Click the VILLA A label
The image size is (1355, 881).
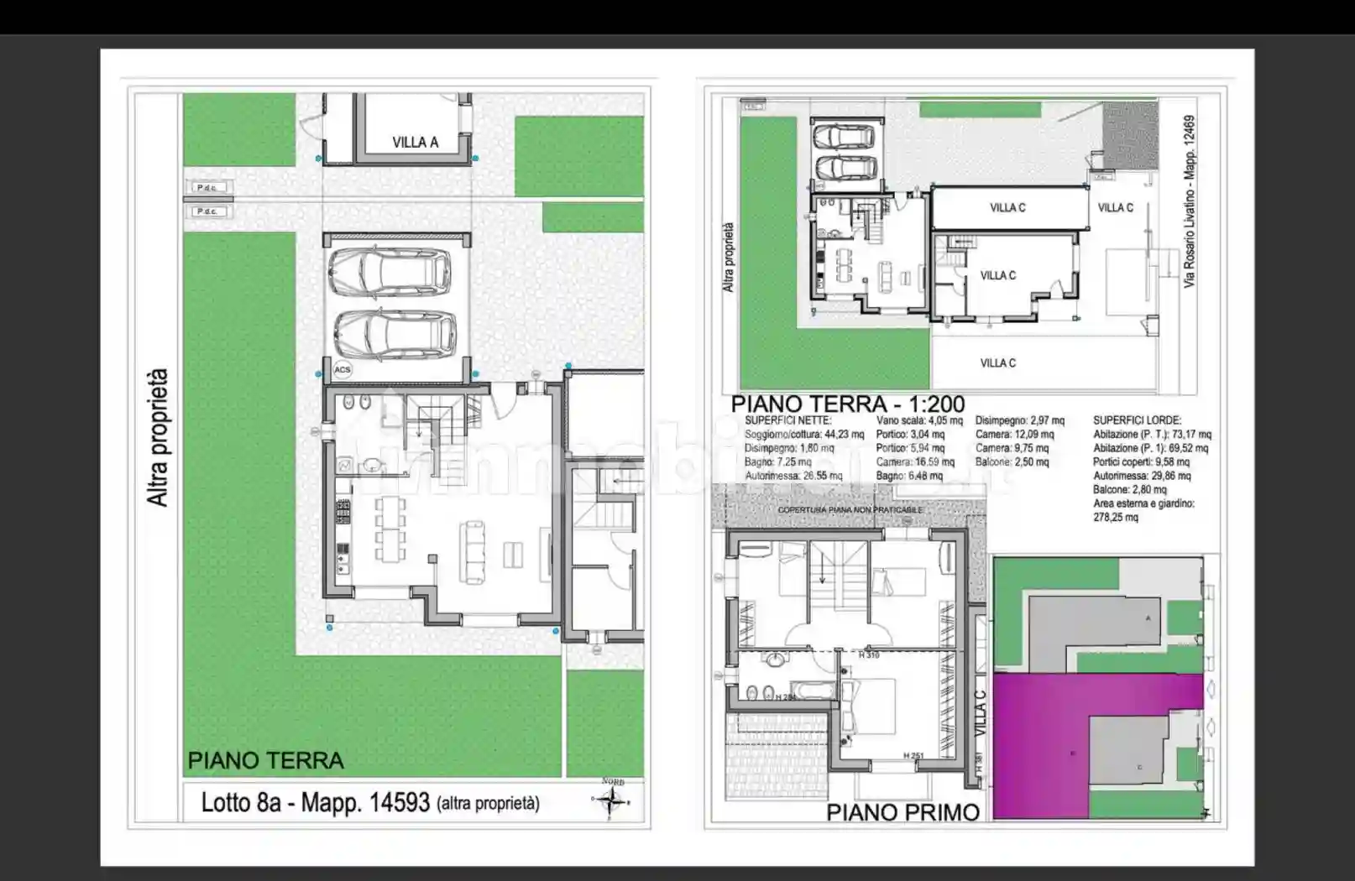point(415,143)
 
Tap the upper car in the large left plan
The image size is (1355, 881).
point(388,272)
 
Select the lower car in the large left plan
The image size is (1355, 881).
point(394,334)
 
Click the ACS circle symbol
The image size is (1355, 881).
point(342,370)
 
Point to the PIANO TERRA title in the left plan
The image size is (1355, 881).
point(265,761)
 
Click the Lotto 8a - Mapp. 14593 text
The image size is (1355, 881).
point(316,803)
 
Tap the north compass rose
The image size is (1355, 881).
point(613,800)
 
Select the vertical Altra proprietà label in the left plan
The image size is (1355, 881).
point(158,437)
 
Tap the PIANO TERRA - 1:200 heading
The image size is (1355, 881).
point(848,404)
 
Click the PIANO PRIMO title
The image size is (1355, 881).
point(902,812)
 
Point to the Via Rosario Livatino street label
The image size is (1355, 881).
point(1190,201)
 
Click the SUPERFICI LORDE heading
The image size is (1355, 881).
point(1137,420)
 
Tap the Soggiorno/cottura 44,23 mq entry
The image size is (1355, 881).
point(803,435)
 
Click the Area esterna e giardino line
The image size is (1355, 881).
point(1143,503)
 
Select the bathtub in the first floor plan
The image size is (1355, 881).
point(813,691)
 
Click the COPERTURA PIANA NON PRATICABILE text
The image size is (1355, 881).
point(850,510)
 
